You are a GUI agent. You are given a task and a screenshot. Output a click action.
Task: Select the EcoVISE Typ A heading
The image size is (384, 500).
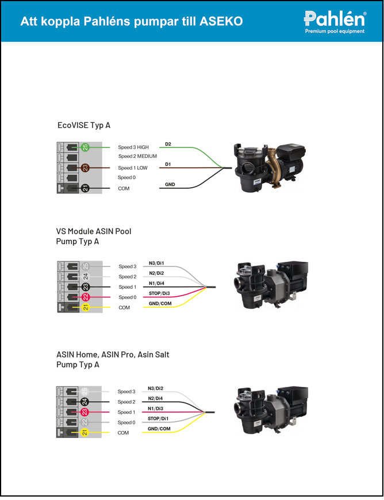point(84,125)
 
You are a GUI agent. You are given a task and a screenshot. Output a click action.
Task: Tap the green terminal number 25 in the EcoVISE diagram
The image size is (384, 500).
point(85,148)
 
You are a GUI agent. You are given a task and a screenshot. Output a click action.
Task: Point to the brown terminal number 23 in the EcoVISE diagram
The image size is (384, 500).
point(85,168)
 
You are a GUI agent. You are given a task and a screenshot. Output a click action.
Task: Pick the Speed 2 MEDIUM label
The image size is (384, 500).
point(137,156)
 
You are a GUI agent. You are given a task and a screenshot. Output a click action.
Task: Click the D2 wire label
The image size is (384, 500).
point(168,143)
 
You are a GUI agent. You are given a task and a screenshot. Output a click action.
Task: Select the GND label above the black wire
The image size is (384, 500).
point(170,184)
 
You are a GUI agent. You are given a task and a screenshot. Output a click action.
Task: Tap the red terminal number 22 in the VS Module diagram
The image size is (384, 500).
point(85,297)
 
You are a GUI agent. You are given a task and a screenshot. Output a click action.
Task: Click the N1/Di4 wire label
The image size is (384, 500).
point(156,282)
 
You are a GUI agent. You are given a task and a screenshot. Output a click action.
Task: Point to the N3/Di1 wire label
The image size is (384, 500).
point(156,262)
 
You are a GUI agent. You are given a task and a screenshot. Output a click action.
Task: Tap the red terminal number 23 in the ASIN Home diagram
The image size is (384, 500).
point(85,412)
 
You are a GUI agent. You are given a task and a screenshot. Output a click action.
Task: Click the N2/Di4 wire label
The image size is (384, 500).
point(156,398)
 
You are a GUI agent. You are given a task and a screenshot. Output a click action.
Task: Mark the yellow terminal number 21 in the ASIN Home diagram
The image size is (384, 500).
point(85,432)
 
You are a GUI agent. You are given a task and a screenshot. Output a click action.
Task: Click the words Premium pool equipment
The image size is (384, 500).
point(335,32)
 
